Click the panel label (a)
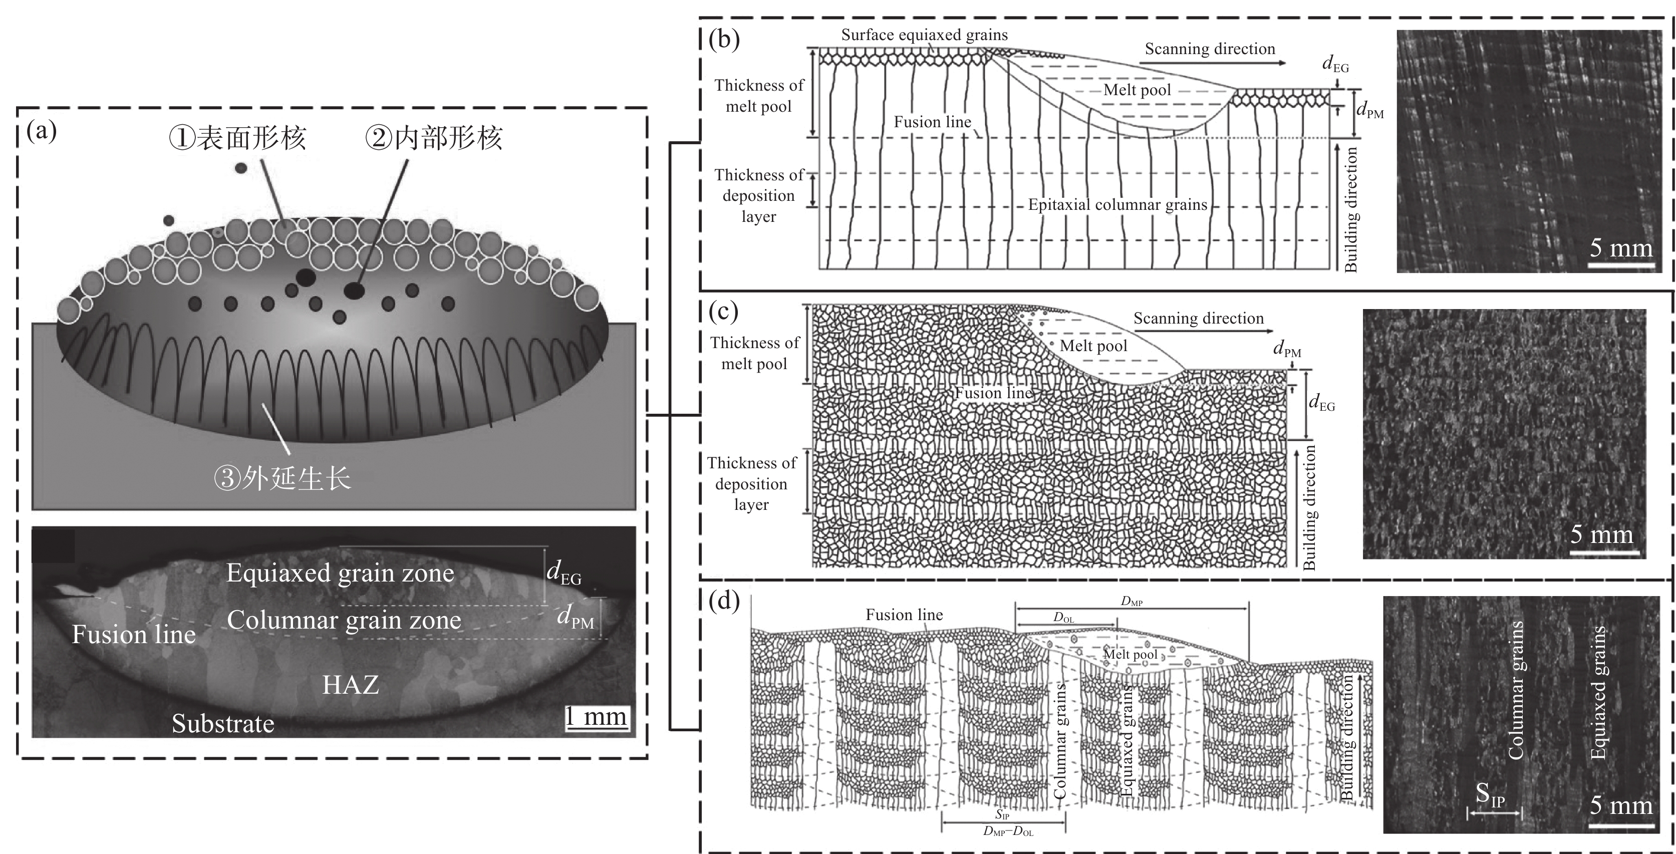[42, 131]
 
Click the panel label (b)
[724, 41]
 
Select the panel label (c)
[723, 312]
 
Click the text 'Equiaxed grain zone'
[340, 573]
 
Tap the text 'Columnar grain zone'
[344, 620]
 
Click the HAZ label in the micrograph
[351, 684]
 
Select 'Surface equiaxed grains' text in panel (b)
[924, 35]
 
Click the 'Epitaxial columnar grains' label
[1117, 205]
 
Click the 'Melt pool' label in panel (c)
[1093, 346]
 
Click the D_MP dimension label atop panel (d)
[1132, 602]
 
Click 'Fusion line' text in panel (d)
[904, 615]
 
